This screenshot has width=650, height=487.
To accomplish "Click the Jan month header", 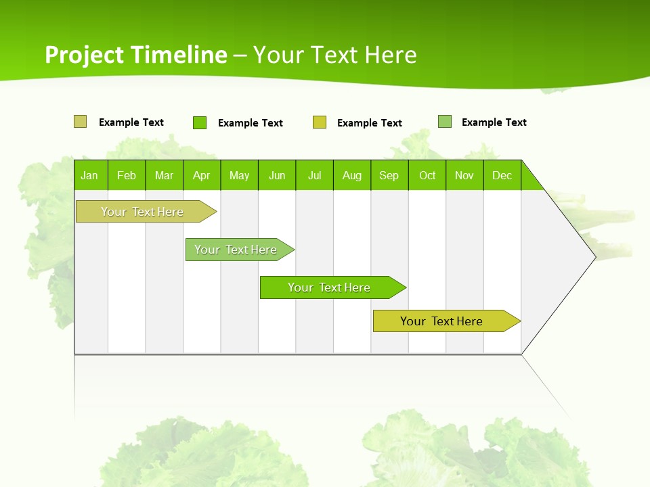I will [89, 175].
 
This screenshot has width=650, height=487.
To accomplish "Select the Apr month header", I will [201, 175].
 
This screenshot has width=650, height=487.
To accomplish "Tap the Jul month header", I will [314, 175].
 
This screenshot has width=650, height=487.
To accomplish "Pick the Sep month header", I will [389, 175].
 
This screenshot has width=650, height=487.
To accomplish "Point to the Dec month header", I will [502, 175].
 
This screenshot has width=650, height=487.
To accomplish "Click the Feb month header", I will [127, 175].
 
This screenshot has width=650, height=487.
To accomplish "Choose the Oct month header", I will [427, 175].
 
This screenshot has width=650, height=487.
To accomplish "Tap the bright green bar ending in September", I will [330, 287].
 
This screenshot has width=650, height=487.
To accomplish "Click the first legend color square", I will [80, 122].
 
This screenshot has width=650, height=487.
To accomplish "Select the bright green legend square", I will [199, 122].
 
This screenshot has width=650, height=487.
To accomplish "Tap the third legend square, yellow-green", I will [320, 122].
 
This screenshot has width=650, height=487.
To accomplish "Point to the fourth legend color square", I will [445, 122].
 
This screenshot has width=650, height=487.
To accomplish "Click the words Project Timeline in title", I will [136, 55].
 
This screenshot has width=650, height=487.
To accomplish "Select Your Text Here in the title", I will [335, 55].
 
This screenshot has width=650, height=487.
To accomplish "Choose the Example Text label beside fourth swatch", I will [494, 122].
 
